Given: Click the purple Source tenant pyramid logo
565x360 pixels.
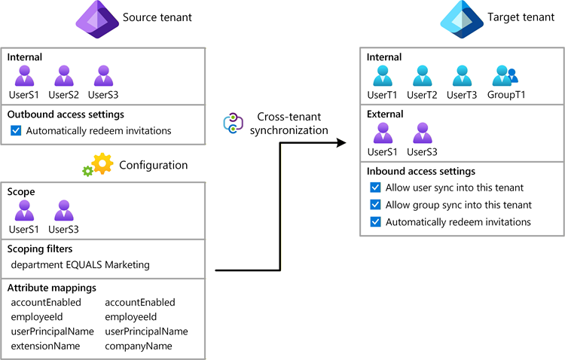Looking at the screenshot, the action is [x=97, y=19].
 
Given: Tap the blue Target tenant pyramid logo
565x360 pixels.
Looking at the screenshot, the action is [x=462, y=19].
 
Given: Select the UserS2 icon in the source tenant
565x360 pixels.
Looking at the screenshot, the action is [x=64, y=75].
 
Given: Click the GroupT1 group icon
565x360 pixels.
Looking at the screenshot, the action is [x=505, y=75].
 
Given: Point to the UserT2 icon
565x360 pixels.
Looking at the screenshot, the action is [x=422, y=75].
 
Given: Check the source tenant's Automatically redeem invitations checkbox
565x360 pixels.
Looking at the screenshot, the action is [x=16, y=130].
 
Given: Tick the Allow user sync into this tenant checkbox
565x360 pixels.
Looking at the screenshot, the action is [x=375, y=188].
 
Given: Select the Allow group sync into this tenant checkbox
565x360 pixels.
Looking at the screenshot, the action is [x=375, y=205].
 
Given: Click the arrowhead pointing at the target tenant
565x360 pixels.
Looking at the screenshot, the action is [x=341, y=142].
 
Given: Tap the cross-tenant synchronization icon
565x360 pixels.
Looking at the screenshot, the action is [x=233, y=124].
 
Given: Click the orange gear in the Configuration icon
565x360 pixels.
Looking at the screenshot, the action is [x=102, y=163].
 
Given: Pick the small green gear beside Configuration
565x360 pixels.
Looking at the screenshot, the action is [x=87, y=171].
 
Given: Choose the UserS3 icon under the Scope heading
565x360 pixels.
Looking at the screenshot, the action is [x=64, y=210].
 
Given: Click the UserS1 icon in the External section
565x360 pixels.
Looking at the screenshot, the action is [x=383, y=133].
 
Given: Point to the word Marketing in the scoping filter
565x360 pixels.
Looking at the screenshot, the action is [x=127, y=265].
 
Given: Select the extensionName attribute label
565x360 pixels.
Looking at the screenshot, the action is [x=45, y=346].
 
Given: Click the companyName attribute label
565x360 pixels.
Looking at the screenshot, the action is [x=139, y=346].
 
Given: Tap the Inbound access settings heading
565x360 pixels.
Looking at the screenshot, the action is [x=421, y=171].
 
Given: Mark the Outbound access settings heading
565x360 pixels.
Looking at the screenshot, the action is [x=66, y=114].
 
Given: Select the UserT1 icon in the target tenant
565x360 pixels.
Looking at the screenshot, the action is [x=382, y=75].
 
